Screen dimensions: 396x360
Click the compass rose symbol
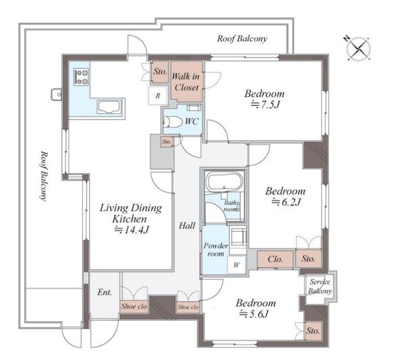click(358, 49)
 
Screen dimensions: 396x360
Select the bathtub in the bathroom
click(224, 181)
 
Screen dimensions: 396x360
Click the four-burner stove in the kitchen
click(82, 77)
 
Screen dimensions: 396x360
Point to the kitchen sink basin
click(109, 107)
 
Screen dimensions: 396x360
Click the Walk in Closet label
click(186, 82)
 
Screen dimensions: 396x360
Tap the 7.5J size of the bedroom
click(265, 104)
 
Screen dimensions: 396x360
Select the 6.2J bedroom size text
click(287, 202)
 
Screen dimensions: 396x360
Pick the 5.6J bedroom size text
click(254, 313)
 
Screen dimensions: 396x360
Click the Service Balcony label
click(320, 287)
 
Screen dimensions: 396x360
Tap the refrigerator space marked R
click(158, 96)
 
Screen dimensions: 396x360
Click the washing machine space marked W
click(237, 265)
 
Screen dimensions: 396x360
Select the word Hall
click(187, 225)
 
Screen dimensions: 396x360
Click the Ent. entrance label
click(105, 293)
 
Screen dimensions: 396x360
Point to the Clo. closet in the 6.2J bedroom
click(275, 259)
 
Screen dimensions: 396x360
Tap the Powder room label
click(216, 249)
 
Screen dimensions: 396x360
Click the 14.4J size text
click(132, 230)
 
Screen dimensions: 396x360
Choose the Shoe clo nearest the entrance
click(134, 307)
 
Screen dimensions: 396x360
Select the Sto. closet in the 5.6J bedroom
click(313, 331)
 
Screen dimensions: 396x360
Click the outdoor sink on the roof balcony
click(56, 94)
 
